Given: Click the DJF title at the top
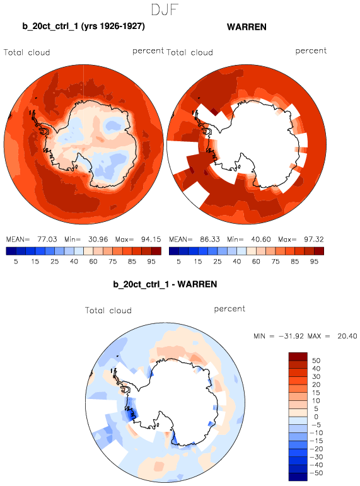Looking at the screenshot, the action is click(x=165, y=9).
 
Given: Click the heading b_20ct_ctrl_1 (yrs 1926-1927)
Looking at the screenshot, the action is click(x=83, y=26).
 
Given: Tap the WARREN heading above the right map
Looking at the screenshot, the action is click(x=247, y=27).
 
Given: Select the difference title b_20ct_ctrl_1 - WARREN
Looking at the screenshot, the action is click(x=165, y=284).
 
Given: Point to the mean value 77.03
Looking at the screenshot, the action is click(x=47, y=240).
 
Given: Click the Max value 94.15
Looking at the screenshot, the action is click(x=151, y=240).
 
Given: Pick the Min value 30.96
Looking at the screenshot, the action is click(x=98, y=240).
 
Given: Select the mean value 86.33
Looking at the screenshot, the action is click(x=210, y=240).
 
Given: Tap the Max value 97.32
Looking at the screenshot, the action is click(x=314, y=240).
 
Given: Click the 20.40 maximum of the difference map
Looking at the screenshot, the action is click(x=347, y=336).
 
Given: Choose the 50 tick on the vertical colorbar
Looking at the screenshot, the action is click(x=316, y=361).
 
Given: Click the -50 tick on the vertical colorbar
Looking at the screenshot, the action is click(x=316, y=473).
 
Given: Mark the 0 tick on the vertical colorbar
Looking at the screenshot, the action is click(x=316, y=417).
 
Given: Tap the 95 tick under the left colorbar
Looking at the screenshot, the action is click(x=151, y=262).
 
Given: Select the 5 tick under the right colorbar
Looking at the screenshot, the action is click(x=178, y=262).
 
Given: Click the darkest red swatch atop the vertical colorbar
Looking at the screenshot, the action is click(x=298, y=356).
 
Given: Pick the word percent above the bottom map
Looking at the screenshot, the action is click(x=229, y=309).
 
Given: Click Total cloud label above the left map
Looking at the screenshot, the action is click(x=27, y=52).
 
